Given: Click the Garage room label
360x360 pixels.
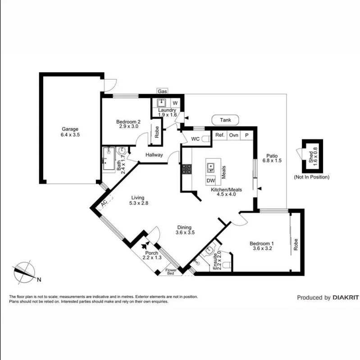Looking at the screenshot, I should point(70,128).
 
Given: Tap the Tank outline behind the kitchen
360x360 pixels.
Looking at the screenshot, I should point(225,120).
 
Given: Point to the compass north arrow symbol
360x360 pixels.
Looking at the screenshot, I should point(24,271).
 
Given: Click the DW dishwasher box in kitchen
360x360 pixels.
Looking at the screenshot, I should point(210,181).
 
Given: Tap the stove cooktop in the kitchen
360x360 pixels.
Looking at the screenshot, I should point(187,169).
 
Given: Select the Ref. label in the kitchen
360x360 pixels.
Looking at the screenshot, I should point(219,135).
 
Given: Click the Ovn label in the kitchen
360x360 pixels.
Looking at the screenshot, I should point(233,135).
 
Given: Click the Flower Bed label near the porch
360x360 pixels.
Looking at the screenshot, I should point(171,271).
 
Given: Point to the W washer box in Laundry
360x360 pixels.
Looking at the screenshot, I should point(175,103).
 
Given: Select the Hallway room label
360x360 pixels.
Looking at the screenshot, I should point(154,155).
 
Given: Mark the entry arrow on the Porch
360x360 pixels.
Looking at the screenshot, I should point(145,246).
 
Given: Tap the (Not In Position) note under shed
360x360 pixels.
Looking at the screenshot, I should point(311,177).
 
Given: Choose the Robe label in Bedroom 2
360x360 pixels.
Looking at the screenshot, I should point(156,131).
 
